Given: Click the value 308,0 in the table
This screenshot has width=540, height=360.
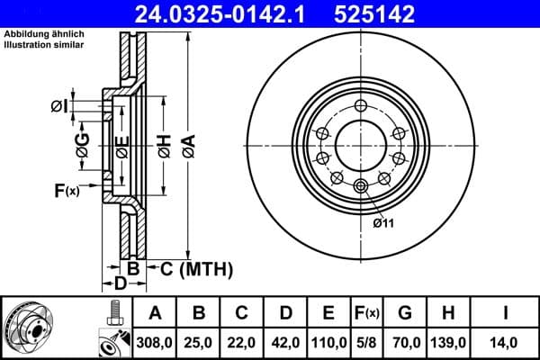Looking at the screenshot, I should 155,343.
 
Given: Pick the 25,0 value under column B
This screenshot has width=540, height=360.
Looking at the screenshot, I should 199,343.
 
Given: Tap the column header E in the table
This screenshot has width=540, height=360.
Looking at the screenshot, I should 328,313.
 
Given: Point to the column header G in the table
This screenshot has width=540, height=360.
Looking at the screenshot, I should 405,313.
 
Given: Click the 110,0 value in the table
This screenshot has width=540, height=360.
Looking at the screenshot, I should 328,343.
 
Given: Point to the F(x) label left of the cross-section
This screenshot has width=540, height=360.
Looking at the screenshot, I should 66,190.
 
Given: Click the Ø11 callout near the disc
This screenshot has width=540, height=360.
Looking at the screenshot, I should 384,222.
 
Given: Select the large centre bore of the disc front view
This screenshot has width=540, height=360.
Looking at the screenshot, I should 361,145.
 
